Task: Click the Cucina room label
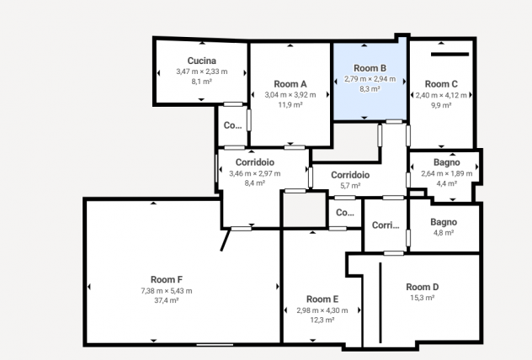[201, 61]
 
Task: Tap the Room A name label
[290, 84]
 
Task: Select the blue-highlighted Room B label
[370, 68]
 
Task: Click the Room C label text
[441, 84]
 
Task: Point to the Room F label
[167, 279]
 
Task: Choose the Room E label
[322, 299]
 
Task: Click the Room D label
[423, 287]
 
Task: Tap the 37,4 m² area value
[167, 300]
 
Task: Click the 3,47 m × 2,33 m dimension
[201, 71]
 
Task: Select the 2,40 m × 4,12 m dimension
[441, 95]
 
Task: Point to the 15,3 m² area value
[423, 298]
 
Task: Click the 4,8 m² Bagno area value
[444, 233]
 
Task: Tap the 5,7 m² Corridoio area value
[350, 186]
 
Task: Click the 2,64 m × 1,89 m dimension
[446, 173]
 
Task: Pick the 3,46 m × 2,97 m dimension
[255, 173]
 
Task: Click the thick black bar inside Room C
[450, 54]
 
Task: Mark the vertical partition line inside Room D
[380, 303]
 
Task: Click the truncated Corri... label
[386, 225]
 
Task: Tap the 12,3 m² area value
[322, 320]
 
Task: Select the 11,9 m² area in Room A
[290, 105]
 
